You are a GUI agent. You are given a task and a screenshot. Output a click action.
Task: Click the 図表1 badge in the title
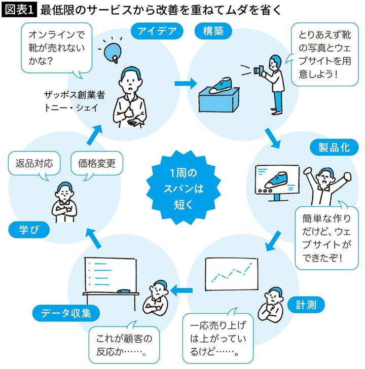click(x=19, y=10)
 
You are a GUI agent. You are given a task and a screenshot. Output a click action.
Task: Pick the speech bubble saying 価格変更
click(x=97, y=164)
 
